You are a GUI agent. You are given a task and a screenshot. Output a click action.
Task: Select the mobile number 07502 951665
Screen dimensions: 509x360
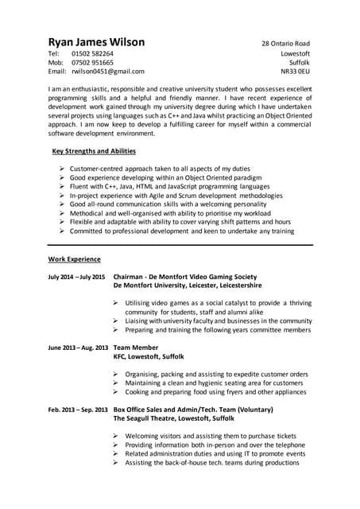tap(92, 62)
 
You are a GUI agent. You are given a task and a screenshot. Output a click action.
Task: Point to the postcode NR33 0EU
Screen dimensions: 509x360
tap(295, 72)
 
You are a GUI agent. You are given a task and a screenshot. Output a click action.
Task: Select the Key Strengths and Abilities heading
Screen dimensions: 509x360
tap(94, 151)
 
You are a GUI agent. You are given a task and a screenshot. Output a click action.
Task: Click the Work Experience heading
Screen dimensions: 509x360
tap(75, 259)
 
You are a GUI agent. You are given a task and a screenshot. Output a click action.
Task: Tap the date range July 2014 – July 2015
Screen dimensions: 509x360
tap(76, 277)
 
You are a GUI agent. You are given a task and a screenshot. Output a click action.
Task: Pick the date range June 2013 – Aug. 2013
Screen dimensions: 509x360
tap(77, 348)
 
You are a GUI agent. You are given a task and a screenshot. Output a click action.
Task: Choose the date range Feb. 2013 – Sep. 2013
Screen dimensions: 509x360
tap(77, 409)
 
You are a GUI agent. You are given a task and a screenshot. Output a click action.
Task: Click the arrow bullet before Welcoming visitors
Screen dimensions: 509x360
tap(116, 436)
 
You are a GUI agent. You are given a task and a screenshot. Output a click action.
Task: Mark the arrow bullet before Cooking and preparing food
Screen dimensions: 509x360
tap(116, 391)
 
